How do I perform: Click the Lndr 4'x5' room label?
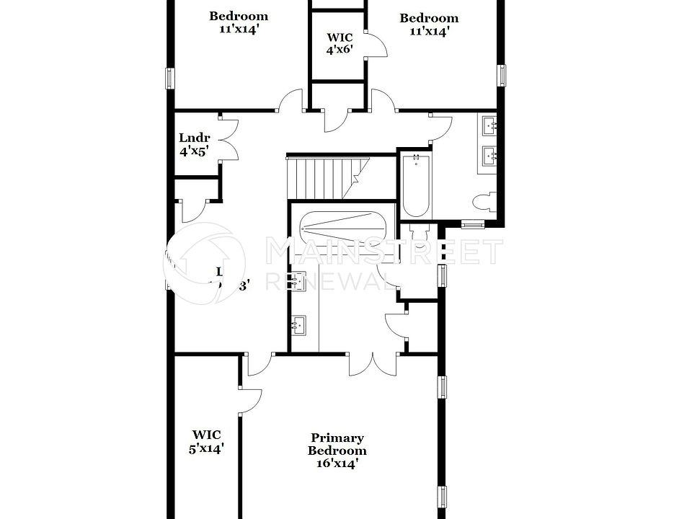194,145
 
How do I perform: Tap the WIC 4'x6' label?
340,43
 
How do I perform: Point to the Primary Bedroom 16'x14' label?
337,451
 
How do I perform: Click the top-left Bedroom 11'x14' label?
238,23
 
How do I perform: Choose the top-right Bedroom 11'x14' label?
429,25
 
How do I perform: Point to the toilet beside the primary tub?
417,235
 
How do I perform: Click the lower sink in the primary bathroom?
299,326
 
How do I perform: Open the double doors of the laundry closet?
229,138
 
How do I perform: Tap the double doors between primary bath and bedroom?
373,364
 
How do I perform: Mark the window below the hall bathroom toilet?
472,223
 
